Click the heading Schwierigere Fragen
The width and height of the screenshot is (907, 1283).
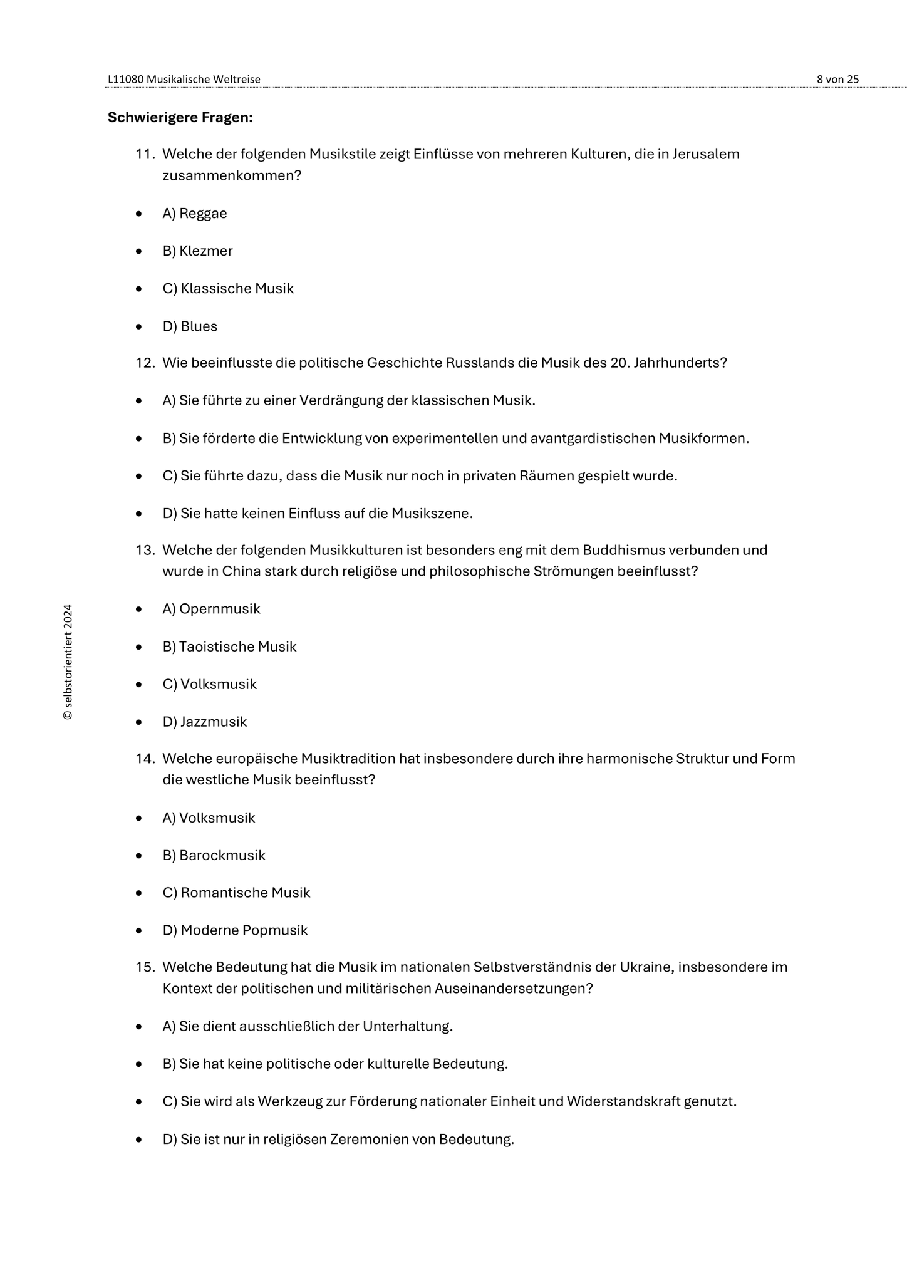pyautogui.click(x=180, y=117)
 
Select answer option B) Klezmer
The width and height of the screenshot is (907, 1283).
pyautogui.click(x=197, y=251)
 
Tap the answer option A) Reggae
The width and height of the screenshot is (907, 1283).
pyautogui.click(x=194, y=214)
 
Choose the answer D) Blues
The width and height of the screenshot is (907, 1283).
pyautogui.click(x=190, y=326)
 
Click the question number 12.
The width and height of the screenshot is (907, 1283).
pyautogui.click(x=145, y=363)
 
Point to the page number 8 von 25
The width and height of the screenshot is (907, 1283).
pyautogui.click(x=837, y=79)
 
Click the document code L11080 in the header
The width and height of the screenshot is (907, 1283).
pyautogui.click(x=125, y=79)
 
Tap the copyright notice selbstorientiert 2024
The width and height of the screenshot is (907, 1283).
pyautogui.click(x=68, y=662)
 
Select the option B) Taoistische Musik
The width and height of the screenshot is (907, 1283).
pyautogui.click(x=229, y=647)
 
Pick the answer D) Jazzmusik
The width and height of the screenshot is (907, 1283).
pyautogui.click(x=204, y=722)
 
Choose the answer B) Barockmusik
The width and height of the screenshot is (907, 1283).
pyautogui.click(x=214, y=855)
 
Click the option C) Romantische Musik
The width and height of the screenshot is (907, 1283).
pyautogui.click(x=236, y=893)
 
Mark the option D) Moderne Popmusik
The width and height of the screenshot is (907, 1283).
pyautogui.click(x=235, y=930)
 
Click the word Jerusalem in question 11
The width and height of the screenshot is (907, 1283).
pyautogui.click(x=706, y=154)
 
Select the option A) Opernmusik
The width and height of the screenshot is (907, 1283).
pyautogui.click(x=211, y=609)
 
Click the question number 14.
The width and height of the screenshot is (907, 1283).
pyautogui.click(x=145, y=759)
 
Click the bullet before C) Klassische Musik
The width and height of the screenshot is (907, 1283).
pyautogui.click(x=138, y=289)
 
